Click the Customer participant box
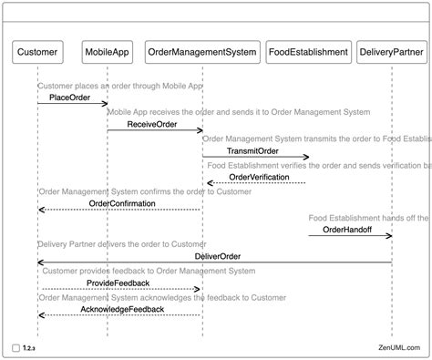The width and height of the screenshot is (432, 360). click(38, 52)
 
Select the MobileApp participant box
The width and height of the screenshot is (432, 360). click(107, 52)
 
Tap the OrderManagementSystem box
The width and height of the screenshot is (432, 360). click(202, 52)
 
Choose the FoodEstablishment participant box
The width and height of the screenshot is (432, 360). click(309, 52)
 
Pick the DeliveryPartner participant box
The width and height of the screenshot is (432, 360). click(392, 52)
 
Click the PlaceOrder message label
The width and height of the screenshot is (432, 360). click(69, 97)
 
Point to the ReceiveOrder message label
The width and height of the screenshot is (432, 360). click(152, 124)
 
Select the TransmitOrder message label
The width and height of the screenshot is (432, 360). click(253, 150)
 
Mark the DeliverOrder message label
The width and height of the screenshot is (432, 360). click(218, 256)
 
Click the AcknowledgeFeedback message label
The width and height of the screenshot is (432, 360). click(122, 310)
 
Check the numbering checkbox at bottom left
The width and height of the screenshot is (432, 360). click(17, 348)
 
